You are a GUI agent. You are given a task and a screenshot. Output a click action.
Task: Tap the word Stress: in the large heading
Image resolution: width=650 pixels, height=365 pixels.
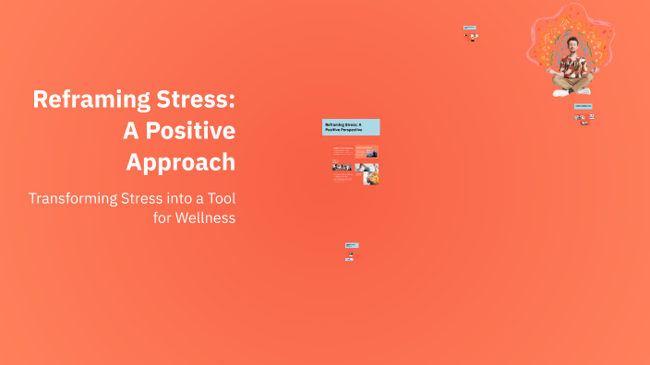[196, 100]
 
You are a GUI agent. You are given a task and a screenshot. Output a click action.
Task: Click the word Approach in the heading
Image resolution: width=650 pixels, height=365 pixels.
[180, 161]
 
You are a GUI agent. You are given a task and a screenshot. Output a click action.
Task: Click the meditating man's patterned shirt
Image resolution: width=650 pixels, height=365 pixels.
[572, 66]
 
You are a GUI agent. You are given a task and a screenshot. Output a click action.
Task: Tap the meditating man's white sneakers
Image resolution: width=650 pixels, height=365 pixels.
[561, 92]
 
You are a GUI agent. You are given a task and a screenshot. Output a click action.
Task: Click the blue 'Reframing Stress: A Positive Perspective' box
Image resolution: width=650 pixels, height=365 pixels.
[351, 127]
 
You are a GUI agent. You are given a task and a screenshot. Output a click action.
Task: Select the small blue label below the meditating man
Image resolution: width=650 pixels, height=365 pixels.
[584, 106]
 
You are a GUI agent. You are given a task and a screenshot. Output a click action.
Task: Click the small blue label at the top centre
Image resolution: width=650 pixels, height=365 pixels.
[470, 28]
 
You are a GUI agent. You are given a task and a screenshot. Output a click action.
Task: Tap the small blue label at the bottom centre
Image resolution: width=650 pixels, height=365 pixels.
[351, 245]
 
